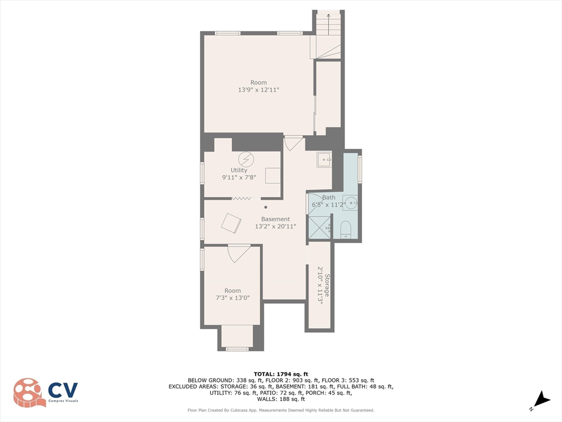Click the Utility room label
click(239, 170)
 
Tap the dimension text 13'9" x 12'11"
click(258, 90)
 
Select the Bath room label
click(329, 197)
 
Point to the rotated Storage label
click(327, 285)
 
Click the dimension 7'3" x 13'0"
click(232, 298)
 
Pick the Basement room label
click(275, 219)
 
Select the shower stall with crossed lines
click(320, 227)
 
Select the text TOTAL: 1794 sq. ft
click(281, 374)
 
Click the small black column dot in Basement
click(266, 207)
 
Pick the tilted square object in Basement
click(231, 223)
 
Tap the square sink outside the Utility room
click(324, 160)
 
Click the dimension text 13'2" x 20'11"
click(275, 226)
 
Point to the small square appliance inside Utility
click(273, 175)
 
